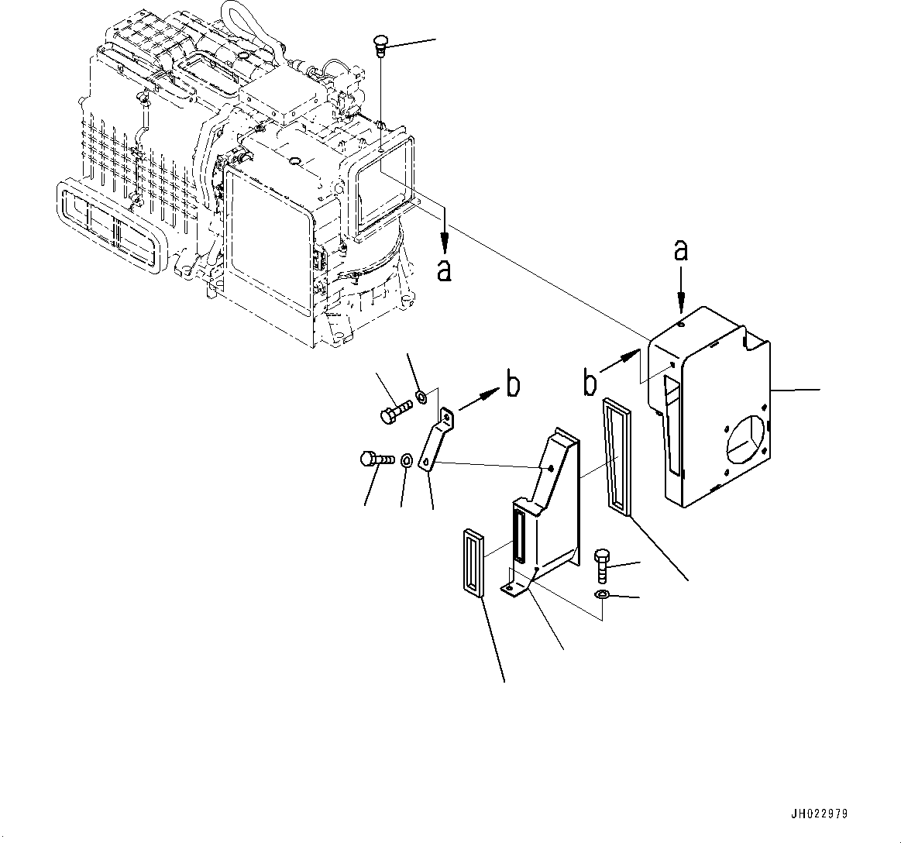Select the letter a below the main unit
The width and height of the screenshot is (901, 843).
point(444,272)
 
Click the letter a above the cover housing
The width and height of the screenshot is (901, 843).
point(681,250)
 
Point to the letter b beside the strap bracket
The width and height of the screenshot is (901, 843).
point(512,384)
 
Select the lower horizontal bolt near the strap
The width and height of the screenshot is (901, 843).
point(377,459)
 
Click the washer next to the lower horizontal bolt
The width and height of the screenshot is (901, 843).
point(406,463)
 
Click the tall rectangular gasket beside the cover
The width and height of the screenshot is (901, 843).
point(617,456)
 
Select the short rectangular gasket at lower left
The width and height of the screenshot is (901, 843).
point(473,563)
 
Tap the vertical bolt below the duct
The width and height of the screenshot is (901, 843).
point(602,565)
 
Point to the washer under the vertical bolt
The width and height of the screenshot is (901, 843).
point(601,594)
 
